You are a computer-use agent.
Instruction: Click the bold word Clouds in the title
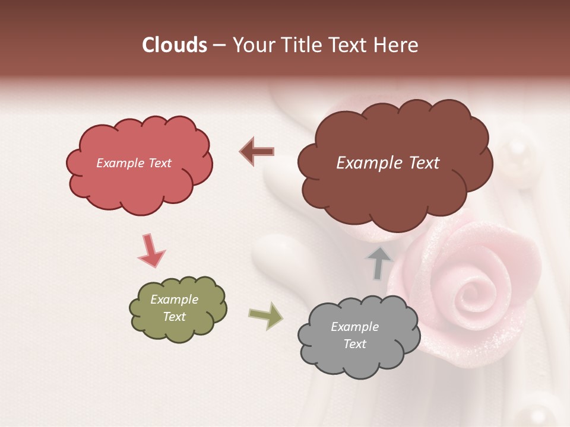175,45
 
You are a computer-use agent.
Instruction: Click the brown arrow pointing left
257,151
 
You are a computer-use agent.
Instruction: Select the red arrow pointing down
151,251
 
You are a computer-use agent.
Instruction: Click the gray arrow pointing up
379,263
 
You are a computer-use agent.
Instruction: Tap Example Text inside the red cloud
134,163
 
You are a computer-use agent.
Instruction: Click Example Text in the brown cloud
388,163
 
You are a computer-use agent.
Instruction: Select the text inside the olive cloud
175,308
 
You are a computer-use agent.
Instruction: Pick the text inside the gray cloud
354,335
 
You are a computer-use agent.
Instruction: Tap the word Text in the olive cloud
175,317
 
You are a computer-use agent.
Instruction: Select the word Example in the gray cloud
354,327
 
